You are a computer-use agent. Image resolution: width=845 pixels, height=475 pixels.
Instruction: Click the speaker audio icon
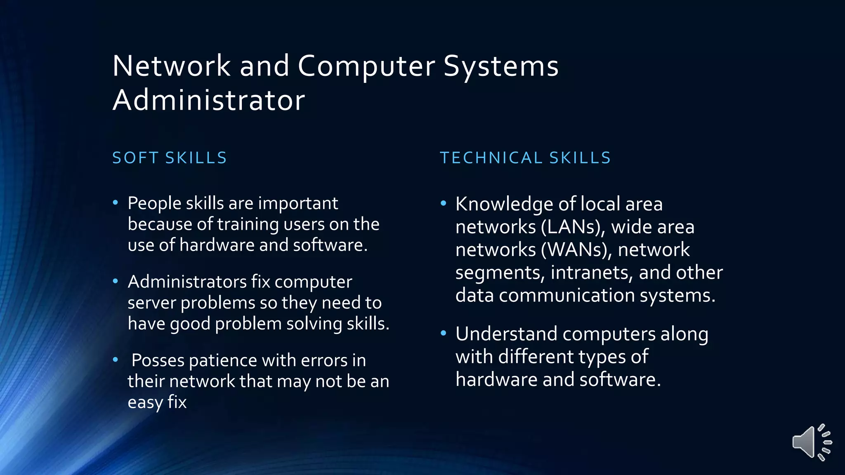pyautogui.click(x=811, y=442)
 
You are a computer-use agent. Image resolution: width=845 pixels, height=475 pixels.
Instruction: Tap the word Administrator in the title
pyautogui.click(x=209, y=100)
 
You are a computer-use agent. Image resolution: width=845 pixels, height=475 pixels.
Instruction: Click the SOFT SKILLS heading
pyautogui.click(x=170, y=158)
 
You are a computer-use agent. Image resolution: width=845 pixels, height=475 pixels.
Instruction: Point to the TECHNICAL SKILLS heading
pyautogui.click(x=525, y=158)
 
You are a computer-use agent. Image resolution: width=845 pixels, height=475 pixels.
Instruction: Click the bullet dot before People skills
pyautogui.click(x=116, y=202)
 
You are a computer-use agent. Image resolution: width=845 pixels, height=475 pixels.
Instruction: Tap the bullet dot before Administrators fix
pyautogui.click(x=116, y=281)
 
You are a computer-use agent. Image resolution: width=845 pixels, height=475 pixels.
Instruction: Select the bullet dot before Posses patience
pyautogui.click(x=116, y=360)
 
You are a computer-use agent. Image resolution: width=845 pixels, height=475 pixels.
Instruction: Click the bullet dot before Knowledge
pyautogui.click(x=444, y=203)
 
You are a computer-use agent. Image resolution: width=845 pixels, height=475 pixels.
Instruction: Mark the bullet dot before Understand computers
pyautogui.click(x=444, y=333)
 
